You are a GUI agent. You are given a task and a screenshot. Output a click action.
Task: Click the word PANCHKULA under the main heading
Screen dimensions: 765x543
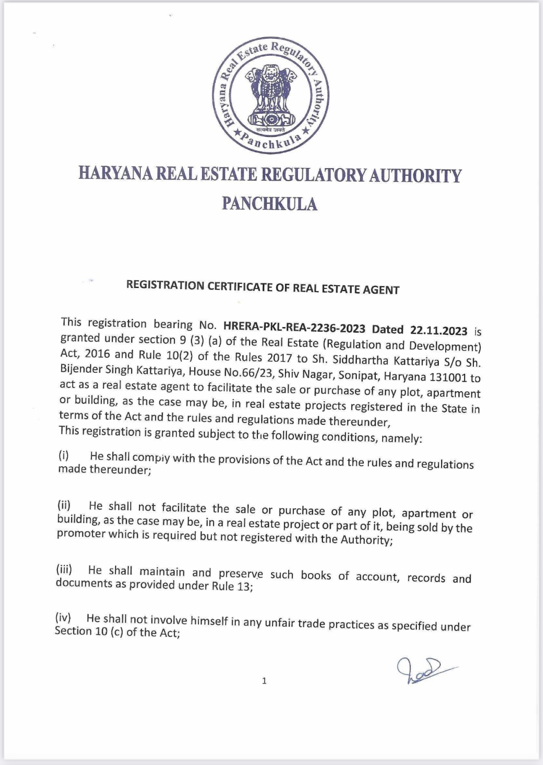tap(269, 203)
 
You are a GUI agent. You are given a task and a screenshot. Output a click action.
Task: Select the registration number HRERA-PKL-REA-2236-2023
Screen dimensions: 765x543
tap(294, 328)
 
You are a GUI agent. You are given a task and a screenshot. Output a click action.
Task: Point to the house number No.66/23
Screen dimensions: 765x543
tap(249, 372)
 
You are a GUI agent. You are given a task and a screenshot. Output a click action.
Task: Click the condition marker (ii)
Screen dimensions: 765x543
tap(64, 505)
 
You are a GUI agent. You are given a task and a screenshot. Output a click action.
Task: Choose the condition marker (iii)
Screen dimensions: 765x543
tap(64, 569)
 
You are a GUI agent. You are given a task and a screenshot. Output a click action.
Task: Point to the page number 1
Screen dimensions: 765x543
tap(264, 681)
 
